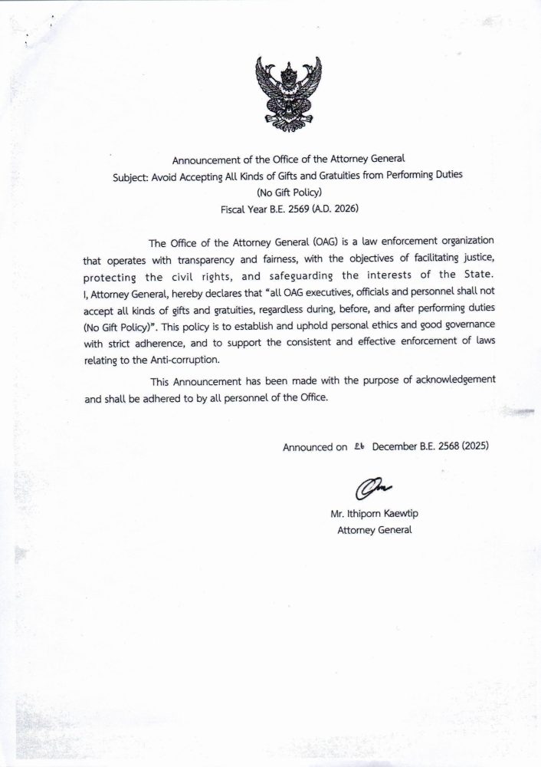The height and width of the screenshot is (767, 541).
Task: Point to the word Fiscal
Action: pos(234,208)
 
